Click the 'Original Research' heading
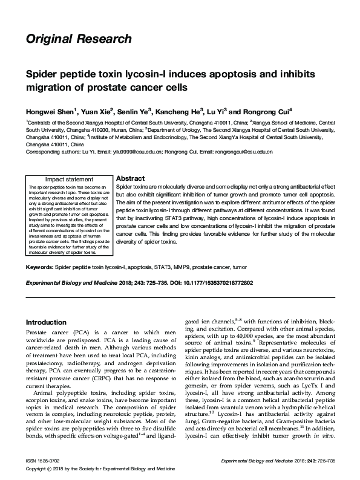point(78,39)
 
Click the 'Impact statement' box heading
point(70,180)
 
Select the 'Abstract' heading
point(129,180)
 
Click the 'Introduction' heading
point(45,322)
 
